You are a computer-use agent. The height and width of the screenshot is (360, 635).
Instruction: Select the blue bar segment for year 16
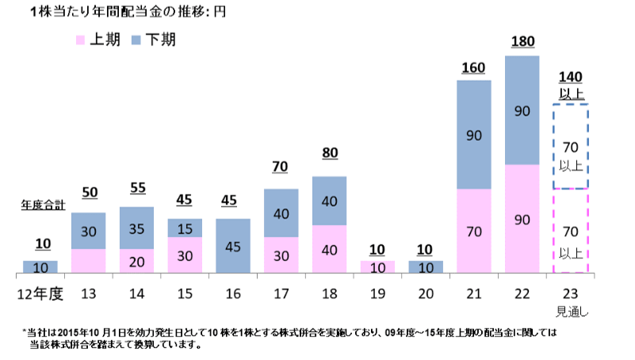tap(233, 247)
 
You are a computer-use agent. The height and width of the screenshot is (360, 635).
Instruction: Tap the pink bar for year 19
tap(377, 268)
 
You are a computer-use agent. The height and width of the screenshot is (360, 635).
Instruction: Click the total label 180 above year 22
tap(522, 41)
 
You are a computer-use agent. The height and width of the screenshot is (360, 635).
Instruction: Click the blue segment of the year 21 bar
tap(474, 135)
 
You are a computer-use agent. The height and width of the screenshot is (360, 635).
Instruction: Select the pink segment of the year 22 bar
tap(522, 220)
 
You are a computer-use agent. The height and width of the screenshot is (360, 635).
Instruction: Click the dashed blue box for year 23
tap(572, 147)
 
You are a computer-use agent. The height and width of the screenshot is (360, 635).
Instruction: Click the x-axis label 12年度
tap(40, 294)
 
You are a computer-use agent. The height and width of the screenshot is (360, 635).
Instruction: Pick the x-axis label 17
tap(281, 294)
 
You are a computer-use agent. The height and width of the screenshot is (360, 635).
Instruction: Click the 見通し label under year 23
tap(572, 309)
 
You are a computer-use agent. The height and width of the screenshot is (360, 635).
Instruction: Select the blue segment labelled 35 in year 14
tap(136, 228)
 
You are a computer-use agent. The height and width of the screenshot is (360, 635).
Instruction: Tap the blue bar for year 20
tap(426, 268)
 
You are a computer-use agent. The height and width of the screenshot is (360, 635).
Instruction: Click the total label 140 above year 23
tap(571, 77)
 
